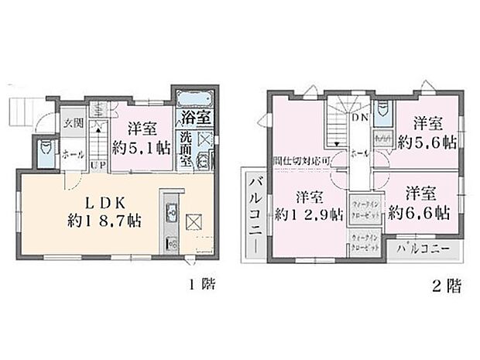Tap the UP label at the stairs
point(99,164)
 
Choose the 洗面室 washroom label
point(186,146)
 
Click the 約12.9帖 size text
point(308,214)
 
